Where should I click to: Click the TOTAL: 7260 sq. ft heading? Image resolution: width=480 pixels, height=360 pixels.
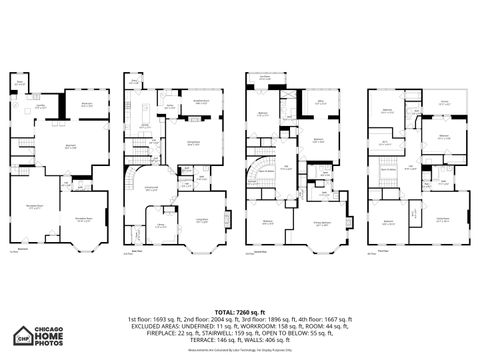(240, 311)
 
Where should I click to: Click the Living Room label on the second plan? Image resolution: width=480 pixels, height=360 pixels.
(201, 220)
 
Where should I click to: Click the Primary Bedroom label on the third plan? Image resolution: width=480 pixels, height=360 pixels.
(321, 223)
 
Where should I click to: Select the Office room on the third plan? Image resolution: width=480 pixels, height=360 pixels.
(321, 101)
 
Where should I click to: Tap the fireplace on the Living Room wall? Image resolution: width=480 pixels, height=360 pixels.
(227, 219)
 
